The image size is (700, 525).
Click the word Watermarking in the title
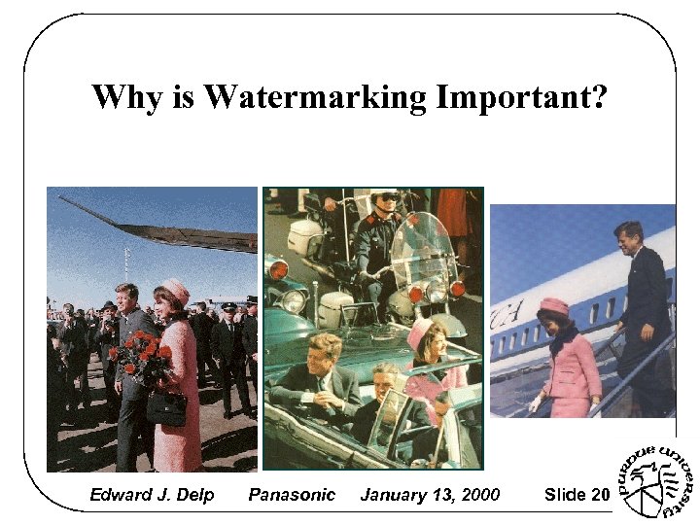click(x=317, y=98)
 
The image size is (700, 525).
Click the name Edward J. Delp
click(x=151, y=495)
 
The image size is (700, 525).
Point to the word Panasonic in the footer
click(x=292, y=495)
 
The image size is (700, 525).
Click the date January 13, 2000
click(x=430, y=495)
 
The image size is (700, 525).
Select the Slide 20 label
click(x=577, y=495)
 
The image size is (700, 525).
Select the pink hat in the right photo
click(x=553, y=307)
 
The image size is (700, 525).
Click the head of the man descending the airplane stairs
click(x=627, y=236)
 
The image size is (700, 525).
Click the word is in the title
click(x=184, y=98)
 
